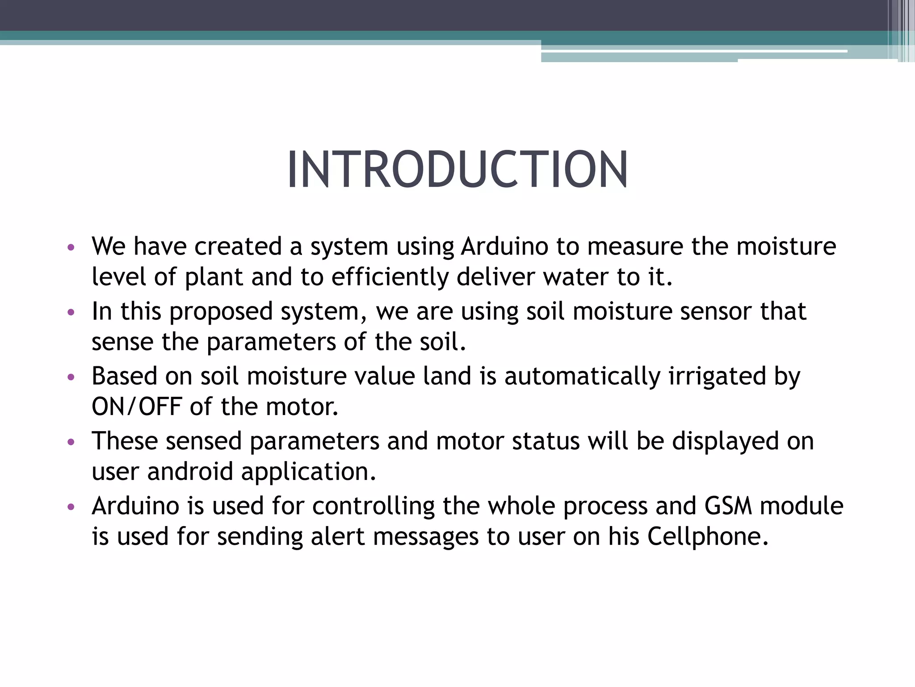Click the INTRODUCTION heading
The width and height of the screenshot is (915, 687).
[x=457, y=170]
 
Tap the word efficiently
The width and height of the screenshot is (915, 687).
[x=390, y=277]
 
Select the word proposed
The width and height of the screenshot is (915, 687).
[x=221, y=312]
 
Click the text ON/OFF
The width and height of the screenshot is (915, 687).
[x=136, y=407]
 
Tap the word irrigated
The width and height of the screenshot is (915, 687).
[x=718, y=376]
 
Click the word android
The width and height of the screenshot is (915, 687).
[x=190, y=472]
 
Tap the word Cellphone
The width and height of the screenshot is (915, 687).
[x=708, y=537]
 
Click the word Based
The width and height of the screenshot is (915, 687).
[x=125, y=376]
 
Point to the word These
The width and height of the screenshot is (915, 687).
[x=125, y=441]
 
